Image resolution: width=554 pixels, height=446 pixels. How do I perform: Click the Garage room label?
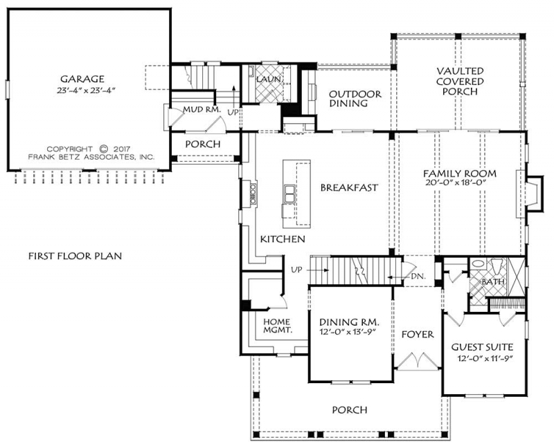[82, 79]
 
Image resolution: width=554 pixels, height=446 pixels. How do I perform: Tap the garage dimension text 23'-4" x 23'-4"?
[86, 91]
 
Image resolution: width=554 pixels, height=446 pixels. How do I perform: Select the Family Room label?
[460, 174]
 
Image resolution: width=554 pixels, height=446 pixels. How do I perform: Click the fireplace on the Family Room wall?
[530, 194]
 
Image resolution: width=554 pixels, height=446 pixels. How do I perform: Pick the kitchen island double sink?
[289, 194]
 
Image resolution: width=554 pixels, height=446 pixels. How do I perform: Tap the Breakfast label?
[349, 187]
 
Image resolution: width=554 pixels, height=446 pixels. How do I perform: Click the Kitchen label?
[283, 239]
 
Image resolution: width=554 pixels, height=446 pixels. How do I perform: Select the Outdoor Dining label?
[355, 99]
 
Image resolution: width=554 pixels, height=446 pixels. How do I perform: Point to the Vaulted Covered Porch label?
[460, 82]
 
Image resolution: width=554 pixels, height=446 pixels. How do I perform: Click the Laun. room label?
[269, 80]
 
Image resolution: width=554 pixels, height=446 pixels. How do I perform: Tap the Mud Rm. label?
[202, 110]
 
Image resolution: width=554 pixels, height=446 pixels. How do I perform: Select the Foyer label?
[418, 334]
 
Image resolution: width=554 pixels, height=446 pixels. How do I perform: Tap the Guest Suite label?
[482, 347]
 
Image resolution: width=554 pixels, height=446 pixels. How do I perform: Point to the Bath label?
[493, 282]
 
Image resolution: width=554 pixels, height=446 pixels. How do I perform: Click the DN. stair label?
[418, 276]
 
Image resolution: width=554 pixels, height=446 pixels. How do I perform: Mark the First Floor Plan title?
[75, 256]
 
